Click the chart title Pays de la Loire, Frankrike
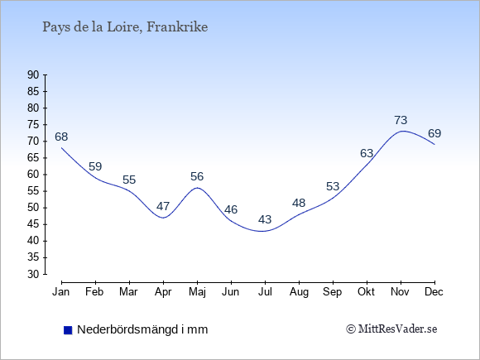(x=125, y=27)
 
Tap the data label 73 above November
(x=401, y=120)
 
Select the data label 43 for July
(x=265, y=219)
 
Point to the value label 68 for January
(x=61, y=137)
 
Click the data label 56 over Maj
(x=197, y=176)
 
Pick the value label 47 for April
(x=163, y=206)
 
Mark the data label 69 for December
(x=434, y=133)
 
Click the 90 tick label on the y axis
(x=33, y=74)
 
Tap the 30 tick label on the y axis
(x=33, y=274)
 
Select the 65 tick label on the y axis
(x=33, y=157)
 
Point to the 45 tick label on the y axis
(x=33, y=224)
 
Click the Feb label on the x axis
(x=94, y=292)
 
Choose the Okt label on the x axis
(x=366, y=292)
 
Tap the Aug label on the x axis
(x=299, y=292)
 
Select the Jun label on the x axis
(x=231, y=292)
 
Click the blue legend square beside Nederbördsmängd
(x=68, y=330)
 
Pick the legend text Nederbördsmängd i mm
(x=142, y=329)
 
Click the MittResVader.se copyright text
(x=391, y=329)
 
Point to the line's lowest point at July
(x=263, y=231)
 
